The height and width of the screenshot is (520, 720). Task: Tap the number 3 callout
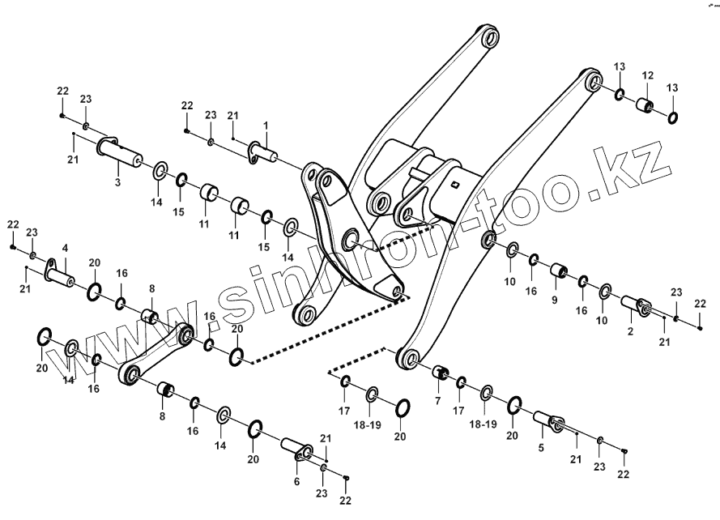tap(117, 184)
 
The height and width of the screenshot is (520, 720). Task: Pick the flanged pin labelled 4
tap(61, 272)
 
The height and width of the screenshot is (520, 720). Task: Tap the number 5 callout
tap(541, 447)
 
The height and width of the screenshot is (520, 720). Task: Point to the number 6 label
tap(296, 481)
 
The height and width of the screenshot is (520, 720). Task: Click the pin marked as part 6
tap(295, 449)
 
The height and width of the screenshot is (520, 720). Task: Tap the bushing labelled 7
tap(441, 373)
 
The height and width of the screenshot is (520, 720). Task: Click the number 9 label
tap(555, 300)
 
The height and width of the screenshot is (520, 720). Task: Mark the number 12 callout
tap(647, 75)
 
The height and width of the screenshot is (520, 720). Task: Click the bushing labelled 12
tap(645, 106)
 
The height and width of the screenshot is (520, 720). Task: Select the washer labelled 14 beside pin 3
tap(160, 169)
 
